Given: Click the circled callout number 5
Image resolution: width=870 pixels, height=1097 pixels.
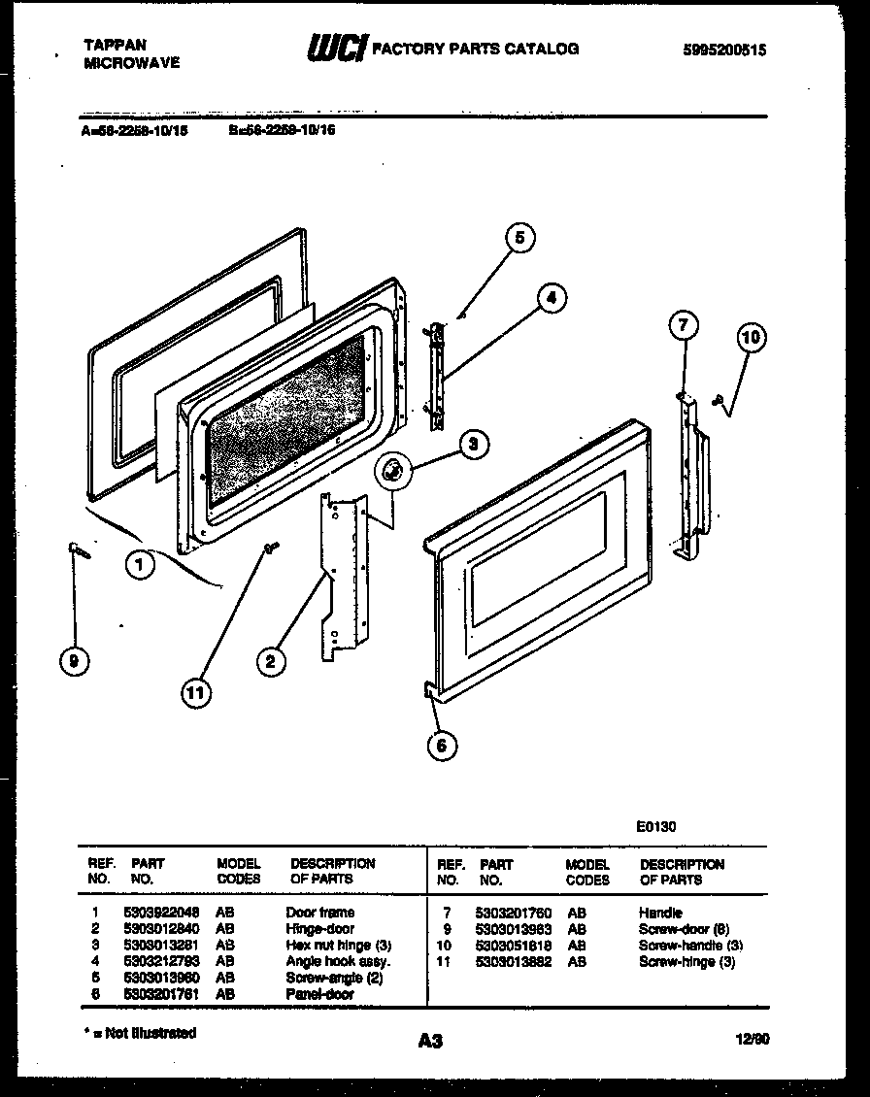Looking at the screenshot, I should [519, 238].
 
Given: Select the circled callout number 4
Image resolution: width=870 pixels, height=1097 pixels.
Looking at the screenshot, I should [551, 298].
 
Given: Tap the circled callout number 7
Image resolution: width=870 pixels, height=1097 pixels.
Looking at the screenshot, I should [683, 326].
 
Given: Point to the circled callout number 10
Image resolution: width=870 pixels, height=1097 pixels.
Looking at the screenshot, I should [750, 338].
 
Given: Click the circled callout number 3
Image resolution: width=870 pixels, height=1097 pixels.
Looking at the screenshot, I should [472, 446].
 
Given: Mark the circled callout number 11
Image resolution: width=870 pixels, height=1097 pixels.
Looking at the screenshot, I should [198, 691].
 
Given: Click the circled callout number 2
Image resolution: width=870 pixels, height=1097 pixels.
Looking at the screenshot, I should [272, 662].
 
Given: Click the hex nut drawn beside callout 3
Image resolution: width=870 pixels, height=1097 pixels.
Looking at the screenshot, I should [393, 472].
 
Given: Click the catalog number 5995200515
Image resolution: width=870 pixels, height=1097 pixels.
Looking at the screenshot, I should [725, 50].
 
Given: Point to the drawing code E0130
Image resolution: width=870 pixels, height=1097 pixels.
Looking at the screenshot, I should [656, 827].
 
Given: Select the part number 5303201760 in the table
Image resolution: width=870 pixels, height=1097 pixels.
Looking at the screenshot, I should [514, 913].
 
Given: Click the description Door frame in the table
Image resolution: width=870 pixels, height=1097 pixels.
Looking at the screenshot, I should [319, 913].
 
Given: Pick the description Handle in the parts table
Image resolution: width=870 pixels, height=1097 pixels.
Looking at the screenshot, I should [660, 913].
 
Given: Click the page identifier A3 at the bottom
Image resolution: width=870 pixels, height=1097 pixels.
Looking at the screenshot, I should [430, 1042].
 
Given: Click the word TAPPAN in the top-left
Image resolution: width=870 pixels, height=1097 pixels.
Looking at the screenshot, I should [116, 45].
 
